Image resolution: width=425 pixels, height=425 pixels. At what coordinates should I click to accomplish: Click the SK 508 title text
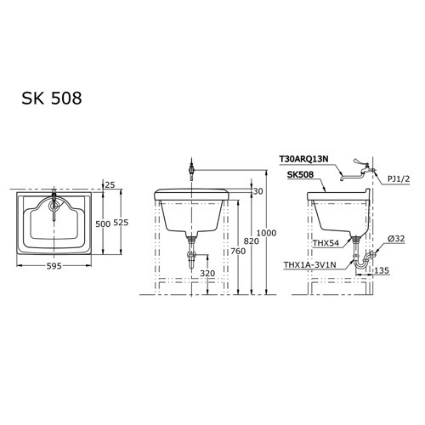click(x=52, y=99)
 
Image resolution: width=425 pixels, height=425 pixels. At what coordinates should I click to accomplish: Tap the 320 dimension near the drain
click(x=207, y=274)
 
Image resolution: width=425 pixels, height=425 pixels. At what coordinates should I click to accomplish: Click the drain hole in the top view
click(x=54, y=204)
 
